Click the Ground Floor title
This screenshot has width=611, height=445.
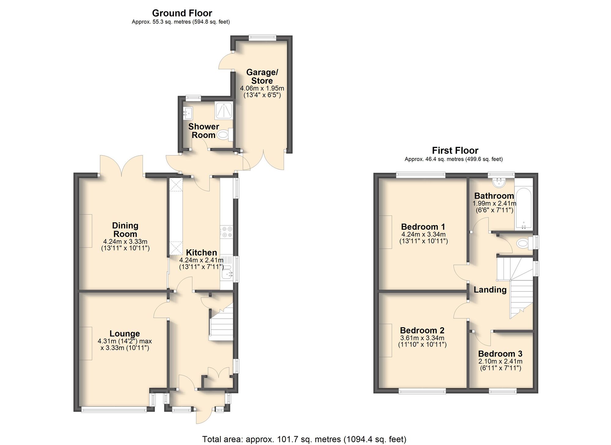click(x=182, y=13)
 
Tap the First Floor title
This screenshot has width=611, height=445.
click(x=455, y=150)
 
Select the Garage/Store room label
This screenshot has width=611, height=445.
click(x=262, y=76)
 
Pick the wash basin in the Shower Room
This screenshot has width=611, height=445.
click(x=188, y=113)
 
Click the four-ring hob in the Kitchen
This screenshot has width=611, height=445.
click(x=226, y=232)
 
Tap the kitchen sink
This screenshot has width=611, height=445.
click(x=227, y=271)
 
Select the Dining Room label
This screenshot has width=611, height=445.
click(x=125, y=230)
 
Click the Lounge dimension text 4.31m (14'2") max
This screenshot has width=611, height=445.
click(x=125, y=341)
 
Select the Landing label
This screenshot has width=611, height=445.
click(x=490, y=290)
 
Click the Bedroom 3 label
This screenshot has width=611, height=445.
click(x=500, y=354)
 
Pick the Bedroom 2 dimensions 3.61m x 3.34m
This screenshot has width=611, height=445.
click(x=422, y=338)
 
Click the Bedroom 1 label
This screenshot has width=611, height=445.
click(x=423, y=227)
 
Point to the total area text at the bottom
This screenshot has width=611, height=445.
click(x=304, y=439)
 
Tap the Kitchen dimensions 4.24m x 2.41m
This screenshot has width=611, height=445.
click(x=201, y=260)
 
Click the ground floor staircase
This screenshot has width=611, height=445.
click(x=221, y=324)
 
